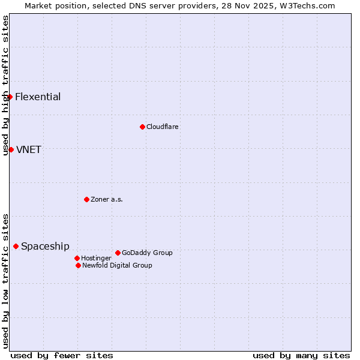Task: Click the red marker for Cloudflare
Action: pyautogui.click(x=142, y=127)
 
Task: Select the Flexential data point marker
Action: pyautogui.click(x=10, y=97)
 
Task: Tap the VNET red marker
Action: pyautogui.click(x=11, y=149)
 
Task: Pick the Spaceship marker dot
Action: pyautogui.click(x=16, y=246)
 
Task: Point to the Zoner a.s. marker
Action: pyautogui.click(x=86, y=199)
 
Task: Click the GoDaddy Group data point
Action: pyautogui.click(x=118, y=253)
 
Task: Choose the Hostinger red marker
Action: pyautogui.click(x=77, y=258)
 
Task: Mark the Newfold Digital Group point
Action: pyautogui.click(x=78, y=265)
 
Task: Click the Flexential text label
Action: pyautogui.click(x=38, y=97)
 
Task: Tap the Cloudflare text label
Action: pyautogui.click(x=163, y=127)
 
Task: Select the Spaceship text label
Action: pyautogui.click(x=45, y=247)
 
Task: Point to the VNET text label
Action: pyautogui.click(x=29, y=150)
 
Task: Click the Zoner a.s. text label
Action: pyautogui.click(x=107, y=200)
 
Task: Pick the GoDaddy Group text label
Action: pyautogui.click(x=147, y=253)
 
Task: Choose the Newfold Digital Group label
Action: pyautogui.click(x=117, y=266)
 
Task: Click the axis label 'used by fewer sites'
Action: pyautogui.click(x=62, y=356)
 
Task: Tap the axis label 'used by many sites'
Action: pyautogui.click(x=301, y=356)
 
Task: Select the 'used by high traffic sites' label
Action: pyautogui.click(x=5, y=85)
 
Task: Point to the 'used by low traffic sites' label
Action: pyautogui.click(x=5, y=280)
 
